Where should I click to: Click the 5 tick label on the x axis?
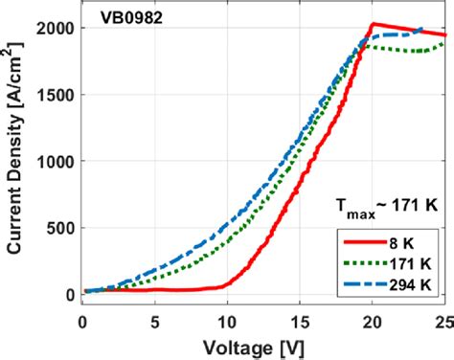click(x=155, y=314)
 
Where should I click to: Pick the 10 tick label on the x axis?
click(x=227, y=314)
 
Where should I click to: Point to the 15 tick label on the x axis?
click(x=300, y=314)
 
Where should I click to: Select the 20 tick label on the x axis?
click(x=372, y=314)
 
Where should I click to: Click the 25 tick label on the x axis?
click(x=441, y=314)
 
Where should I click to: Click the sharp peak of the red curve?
click(x=373, y=24)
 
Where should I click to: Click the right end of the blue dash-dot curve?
click(x=420, y=29)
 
